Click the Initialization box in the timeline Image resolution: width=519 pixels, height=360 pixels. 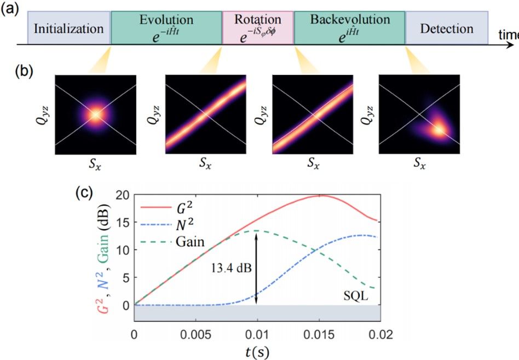[x=68, y=28]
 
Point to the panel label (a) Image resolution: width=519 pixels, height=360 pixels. [x=10, y=10]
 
